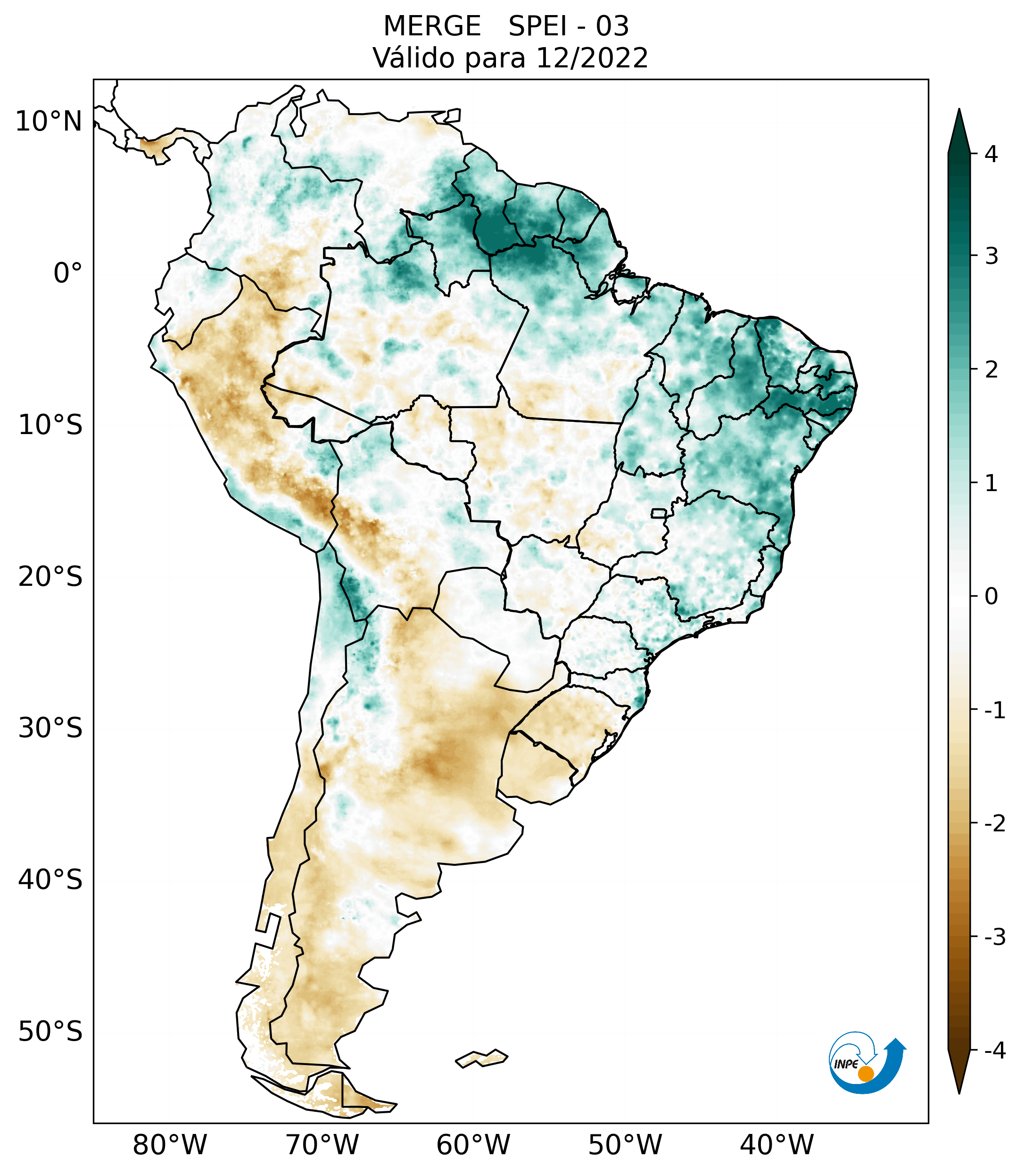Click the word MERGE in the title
click(x=432, y=26)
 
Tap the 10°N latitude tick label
click(x=49, y=122)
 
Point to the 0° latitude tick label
click(x=68, y=273)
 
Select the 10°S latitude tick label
click(x=50, y=425)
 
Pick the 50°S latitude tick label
click(x=50, y=1032)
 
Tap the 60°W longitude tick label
click(x=473, y=1145)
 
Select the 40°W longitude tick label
click(x=777, y=1145)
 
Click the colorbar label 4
click(x=991, y=154)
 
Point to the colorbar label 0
click(x=991, y=597)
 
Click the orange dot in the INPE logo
click(x=866, y=1073)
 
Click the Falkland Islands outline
click(x=481, y=1058)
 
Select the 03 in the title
click(x=612, y=26)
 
